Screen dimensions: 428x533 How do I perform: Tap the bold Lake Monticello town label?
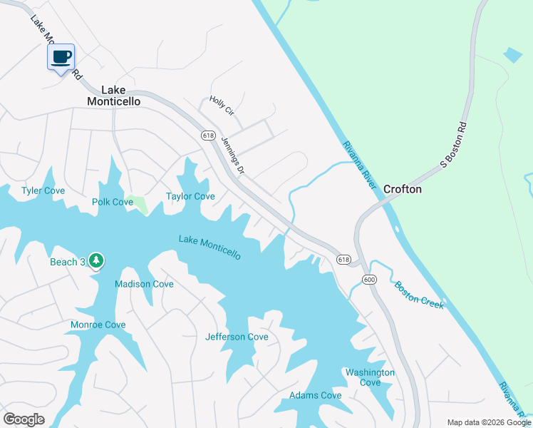point(113,96)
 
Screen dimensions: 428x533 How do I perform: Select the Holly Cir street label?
point(221,106)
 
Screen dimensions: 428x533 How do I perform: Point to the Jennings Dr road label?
point(233,155)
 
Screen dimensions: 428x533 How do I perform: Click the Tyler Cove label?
point(43,190)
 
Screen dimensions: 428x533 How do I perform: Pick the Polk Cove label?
point(113,202)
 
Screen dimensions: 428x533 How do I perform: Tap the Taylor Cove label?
point(190,196)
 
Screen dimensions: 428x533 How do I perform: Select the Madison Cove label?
point(144,284)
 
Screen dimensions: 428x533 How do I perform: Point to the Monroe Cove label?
point(98,325)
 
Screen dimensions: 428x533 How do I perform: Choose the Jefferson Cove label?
point(237,337)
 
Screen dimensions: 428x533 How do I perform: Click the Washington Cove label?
point(370,377)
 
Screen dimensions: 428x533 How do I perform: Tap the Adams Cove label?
point(316,395)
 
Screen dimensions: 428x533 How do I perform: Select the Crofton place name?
point(403,189)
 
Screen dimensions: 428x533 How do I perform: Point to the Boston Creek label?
point(420,294)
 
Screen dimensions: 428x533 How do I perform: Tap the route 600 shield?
point(368,280)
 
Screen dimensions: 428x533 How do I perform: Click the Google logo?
point(24,419)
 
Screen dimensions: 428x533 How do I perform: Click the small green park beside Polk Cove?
point(140,204)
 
